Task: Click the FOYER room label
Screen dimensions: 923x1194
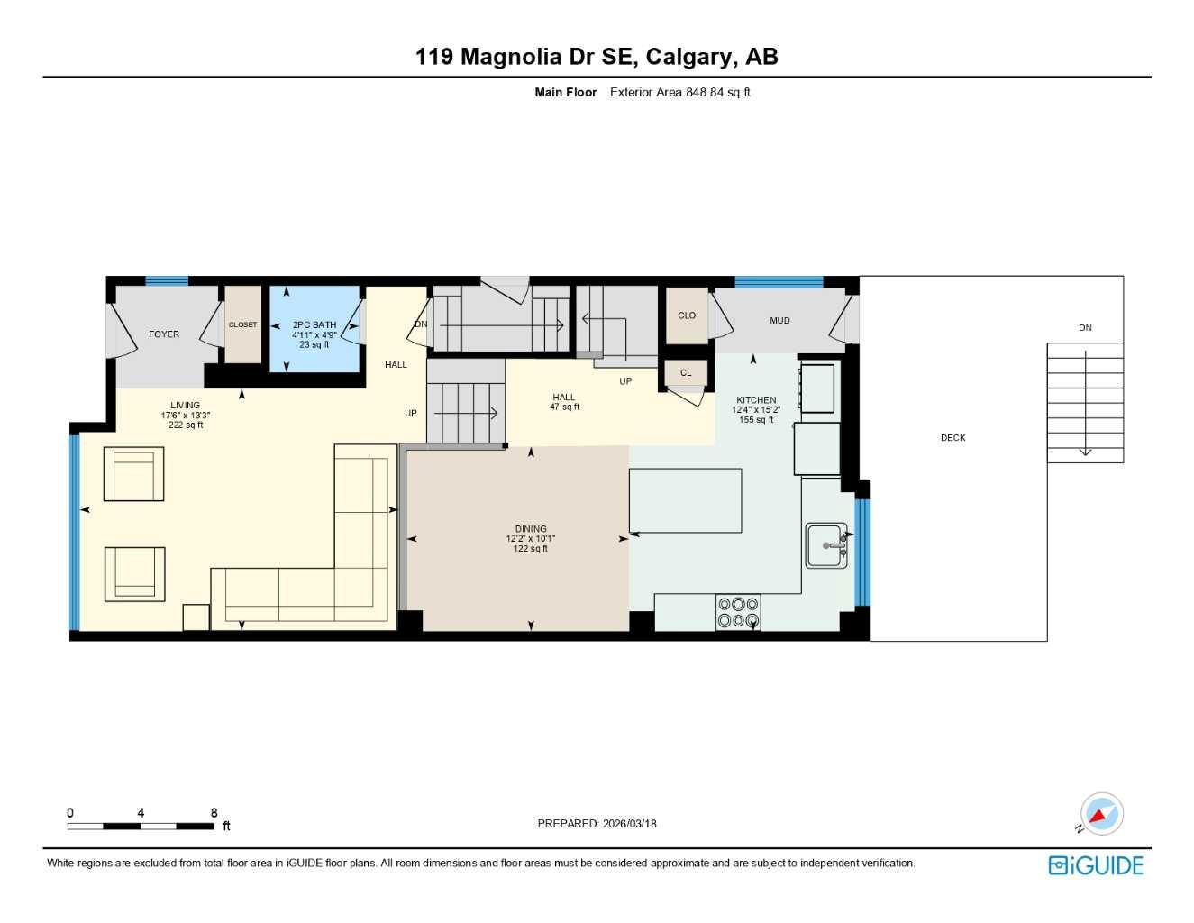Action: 164,334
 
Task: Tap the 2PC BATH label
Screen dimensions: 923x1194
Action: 314,325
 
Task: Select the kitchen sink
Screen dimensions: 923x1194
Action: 826,545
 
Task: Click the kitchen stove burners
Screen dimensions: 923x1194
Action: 738,612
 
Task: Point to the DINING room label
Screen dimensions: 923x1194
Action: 531,529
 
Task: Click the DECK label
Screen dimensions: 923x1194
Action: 952,438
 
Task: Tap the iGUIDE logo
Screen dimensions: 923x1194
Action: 1096,865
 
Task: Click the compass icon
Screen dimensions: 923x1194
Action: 1100,815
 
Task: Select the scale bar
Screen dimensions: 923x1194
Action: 141,826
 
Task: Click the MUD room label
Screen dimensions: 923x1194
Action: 779,321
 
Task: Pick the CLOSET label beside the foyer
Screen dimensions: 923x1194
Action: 242,325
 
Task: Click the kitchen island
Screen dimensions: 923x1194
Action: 686,501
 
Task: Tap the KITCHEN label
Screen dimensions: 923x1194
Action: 756,400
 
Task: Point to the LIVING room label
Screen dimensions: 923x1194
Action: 186,406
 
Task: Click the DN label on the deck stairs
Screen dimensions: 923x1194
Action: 1085,328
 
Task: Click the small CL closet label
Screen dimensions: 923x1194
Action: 686,373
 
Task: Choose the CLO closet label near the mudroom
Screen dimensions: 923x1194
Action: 687,315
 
